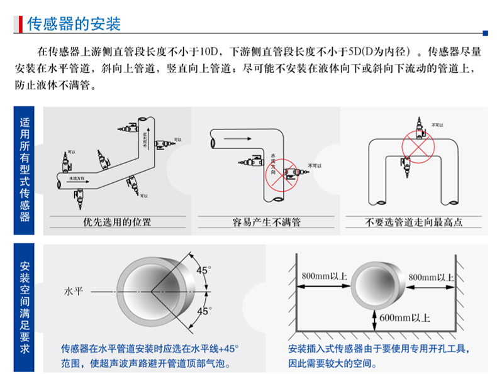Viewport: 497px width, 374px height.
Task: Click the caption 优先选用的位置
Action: (x=116, y=222)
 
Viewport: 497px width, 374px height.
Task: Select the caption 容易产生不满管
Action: (x=266, y=222)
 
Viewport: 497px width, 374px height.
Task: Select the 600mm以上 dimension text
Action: (x=405, y=318)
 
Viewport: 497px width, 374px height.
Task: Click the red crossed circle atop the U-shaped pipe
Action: (x=416, y=147)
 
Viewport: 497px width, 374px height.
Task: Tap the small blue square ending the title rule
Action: (x=484, y=33)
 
